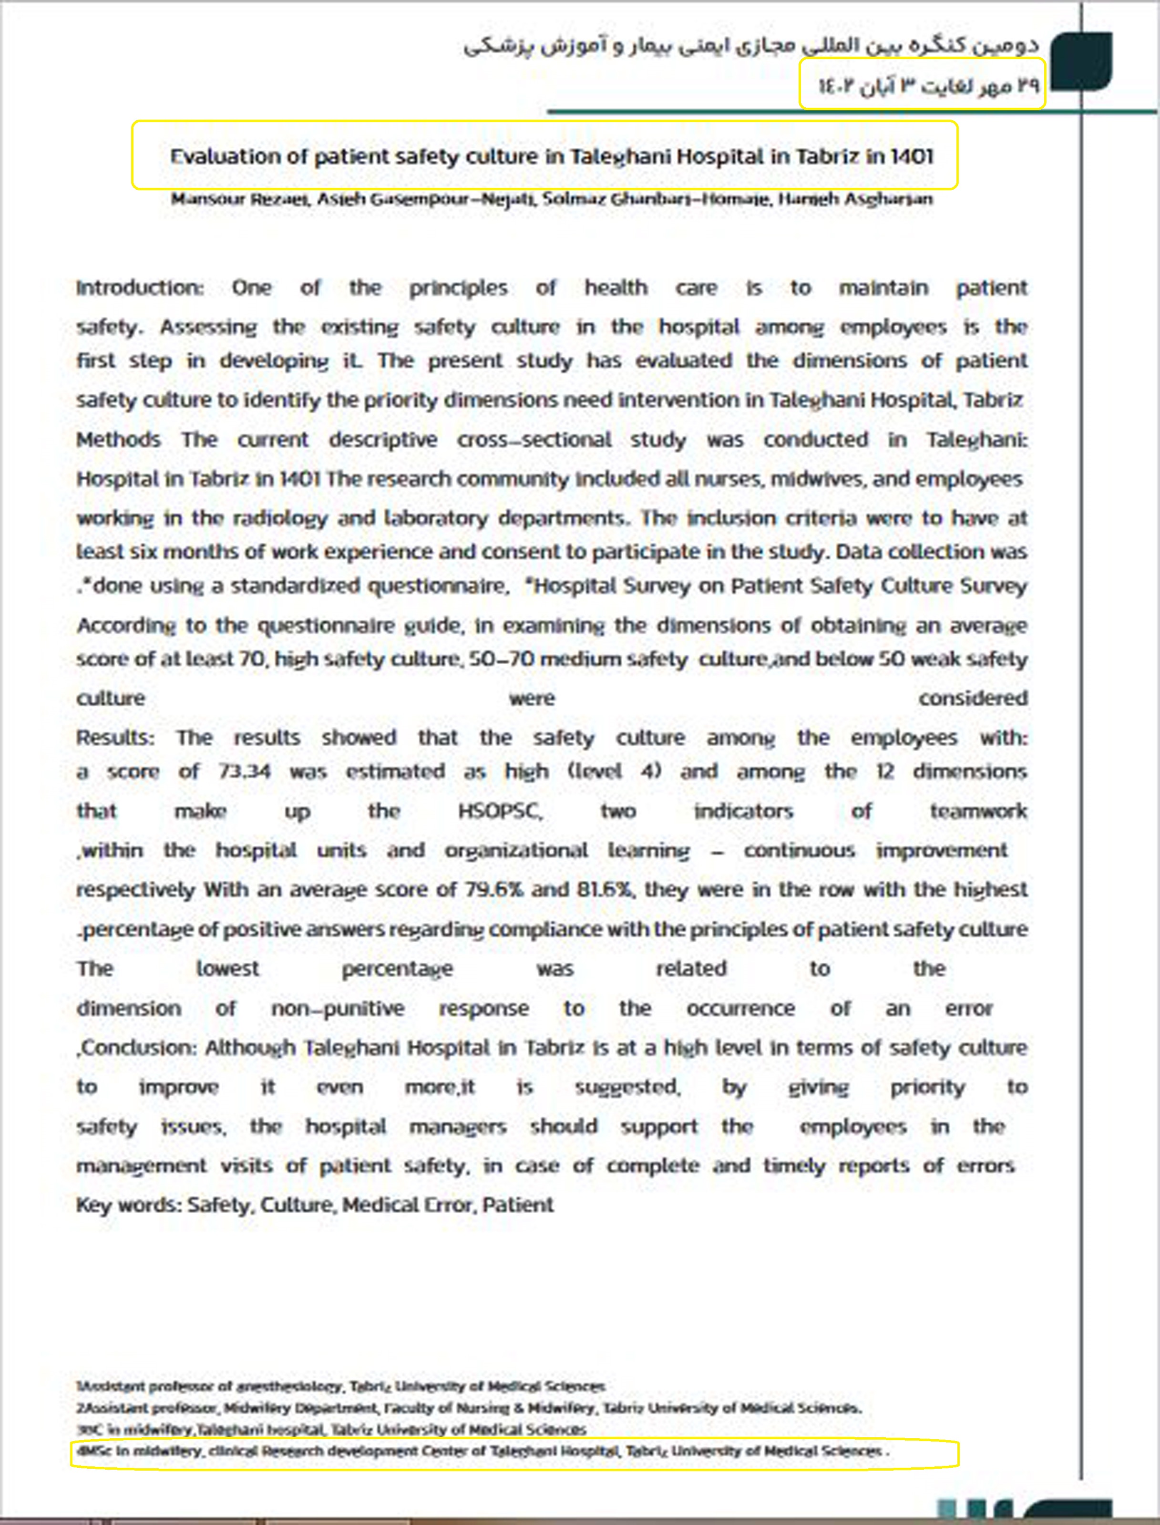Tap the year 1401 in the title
pos(912,156)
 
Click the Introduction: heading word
pos(140,288)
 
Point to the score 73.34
pos(245,772)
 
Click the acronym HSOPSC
pos(500,811)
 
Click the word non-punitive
pos(338,1009)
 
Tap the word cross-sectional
pos(534,440)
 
